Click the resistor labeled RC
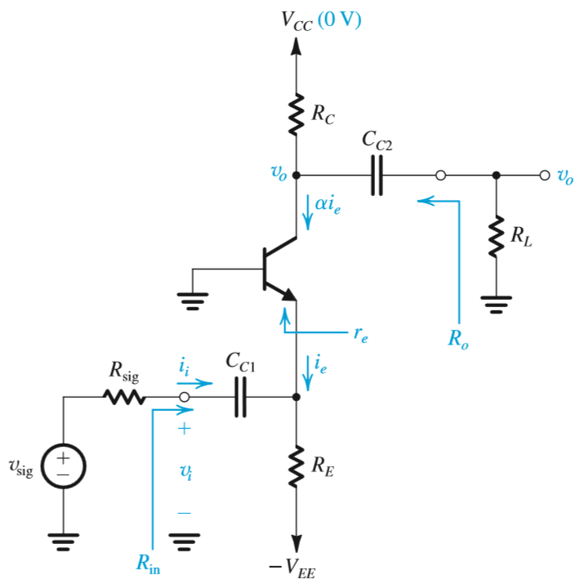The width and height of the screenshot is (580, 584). [296, 114]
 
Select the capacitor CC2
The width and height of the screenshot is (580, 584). [376, 175]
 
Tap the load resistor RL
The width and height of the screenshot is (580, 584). [495, 236]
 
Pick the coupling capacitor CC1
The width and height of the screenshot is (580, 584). [240, 398]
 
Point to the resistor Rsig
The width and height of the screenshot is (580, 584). [124, 398]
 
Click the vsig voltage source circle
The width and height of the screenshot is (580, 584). [62, 468]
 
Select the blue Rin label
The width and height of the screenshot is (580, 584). [149, 564]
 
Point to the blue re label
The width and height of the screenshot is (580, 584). [360, 335]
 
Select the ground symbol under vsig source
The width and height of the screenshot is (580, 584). [62, 540]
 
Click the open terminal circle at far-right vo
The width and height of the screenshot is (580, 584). [544, 175]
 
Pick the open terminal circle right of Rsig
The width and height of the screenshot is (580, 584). [185, 398]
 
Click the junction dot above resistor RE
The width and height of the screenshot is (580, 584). [296, 398]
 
